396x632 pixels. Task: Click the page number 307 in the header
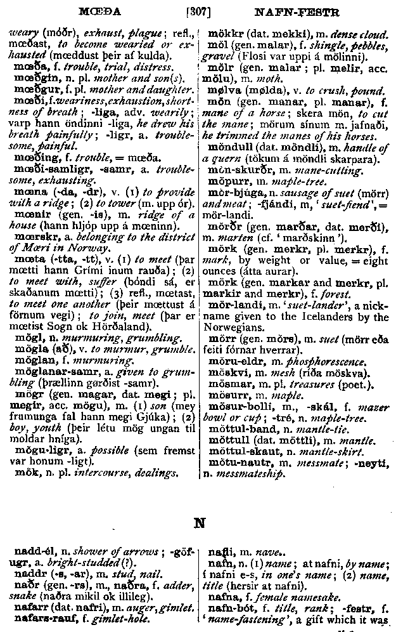197,11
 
